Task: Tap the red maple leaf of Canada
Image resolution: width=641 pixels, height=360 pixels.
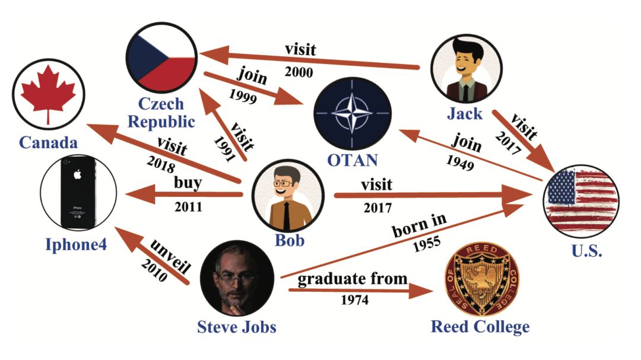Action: point(48,94)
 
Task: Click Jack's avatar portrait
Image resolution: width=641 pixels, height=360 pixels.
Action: point(467,65)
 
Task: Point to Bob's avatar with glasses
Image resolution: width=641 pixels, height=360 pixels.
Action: point(288,195)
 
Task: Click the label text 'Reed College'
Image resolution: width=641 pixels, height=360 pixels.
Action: point(480,327)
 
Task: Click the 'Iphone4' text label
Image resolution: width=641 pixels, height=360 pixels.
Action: point(76,244)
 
